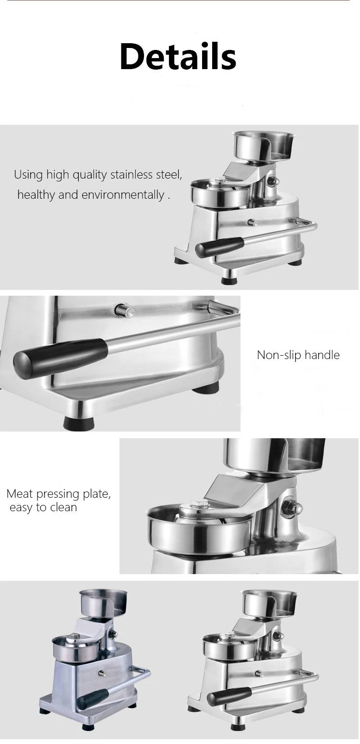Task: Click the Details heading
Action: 178,56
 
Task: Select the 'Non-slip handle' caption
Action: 298,355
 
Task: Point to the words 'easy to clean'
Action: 43,507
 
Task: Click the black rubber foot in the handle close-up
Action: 80,423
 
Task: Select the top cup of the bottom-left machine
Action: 104,602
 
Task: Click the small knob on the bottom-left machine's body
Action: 101,673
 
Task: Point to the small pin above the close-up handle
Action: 124,310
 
